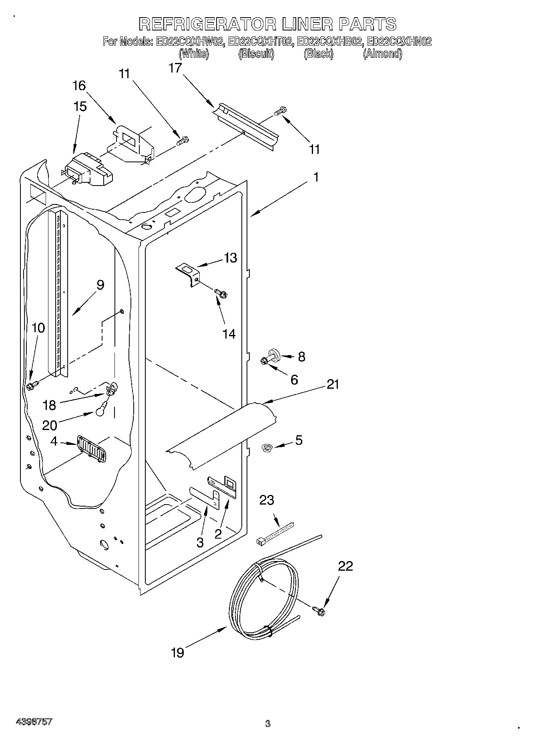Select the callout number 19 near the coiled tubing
click(177, 653)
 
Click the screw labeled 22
click(319, 610)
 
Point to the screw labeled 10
click(32, 386)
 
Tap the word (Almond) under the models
click(382, 54)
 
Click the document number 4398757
click(34, 722)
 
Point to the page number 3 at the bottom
click(267, 723)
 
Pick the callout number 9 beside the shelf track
click(100, 285)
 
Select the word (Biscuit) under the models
click(256, 54)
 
